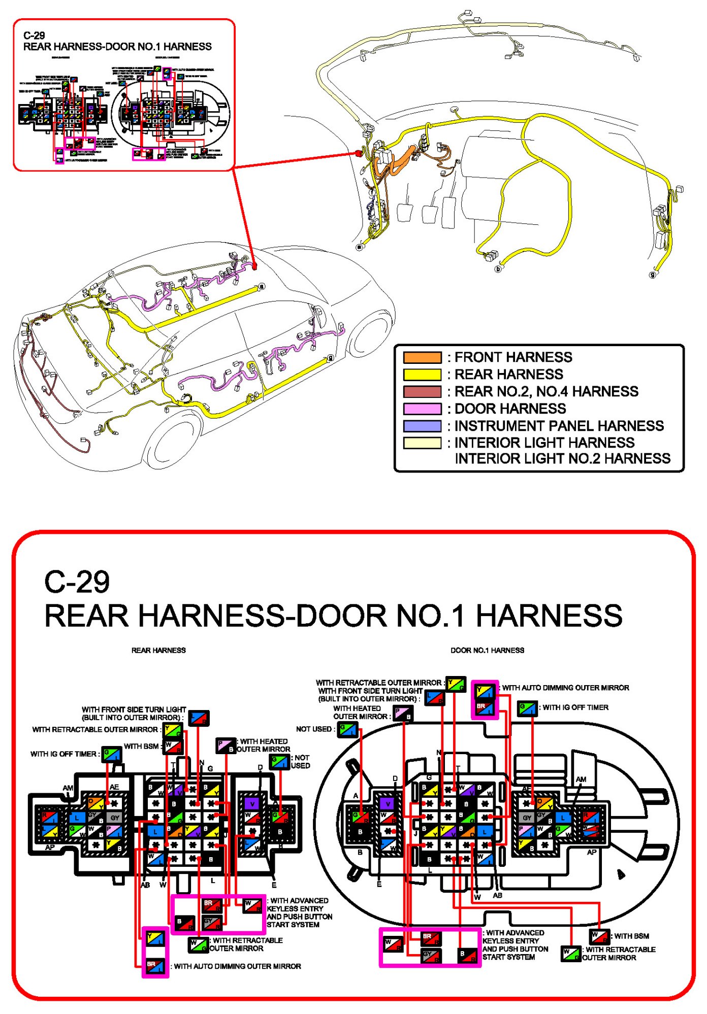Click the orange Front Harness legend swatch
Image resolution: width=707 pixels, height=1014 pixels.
pyautogui.click(x=422, y=357)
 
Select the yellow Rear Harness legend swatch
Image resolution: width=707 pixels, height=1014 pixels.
pyautogui.click(x=422, y=375)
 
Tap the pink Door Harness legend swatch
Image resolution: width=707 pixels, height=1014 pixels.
pyautogui.click(x=422, y=409)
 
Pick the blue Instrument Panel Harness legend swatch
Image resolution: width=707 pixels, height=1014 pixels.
pyautogui.click(x=422, y=426)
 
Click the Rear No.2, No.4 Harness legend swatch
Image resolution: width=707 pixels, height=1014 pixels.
pyautogui.click(x=422, y=392)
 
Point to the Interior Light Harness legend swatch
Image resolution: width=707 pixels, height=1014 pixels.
pyautogui.click(x=422, y=443)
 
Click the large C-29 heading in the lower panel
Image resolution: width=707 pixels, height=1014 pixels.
pyautogui.click(x=77, y=582)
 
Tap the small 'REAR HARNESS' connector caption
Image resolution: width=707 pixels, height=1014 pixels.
pyautogui.click(x=158, y=650)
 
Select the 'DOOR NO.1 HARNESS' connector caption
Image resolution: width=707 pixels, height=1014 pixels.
pyautogui.click(x=487, y=650)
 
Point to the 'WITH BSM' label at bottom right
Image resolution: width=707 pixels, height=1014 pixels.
pyautogui.click(x=631, y=936)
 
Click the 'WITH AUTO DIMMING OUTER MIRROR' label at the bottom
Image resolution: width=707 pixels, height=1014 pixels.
pyautogui.click(x=237, y=966)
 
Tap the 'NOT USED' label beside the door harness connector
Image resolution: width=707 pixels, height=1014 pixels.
pyautogui.click(x=314, y=729)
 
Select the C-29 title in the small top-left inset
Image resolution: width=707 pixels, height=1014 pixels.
pyautogui.click(x=34, y=36)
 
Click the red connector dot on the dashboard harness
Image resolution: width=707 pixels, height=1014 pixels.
pyautogui.click(x=358, y=153)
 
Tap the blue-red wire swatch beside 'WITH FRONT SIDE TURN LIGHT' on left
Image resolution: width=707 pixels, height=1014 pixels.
pyautogui.click(x=198, y=718)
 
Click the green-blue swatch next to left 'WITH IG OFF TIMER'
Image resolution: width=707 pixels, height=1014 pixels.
pyautogui.click(x=111, y=754)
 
